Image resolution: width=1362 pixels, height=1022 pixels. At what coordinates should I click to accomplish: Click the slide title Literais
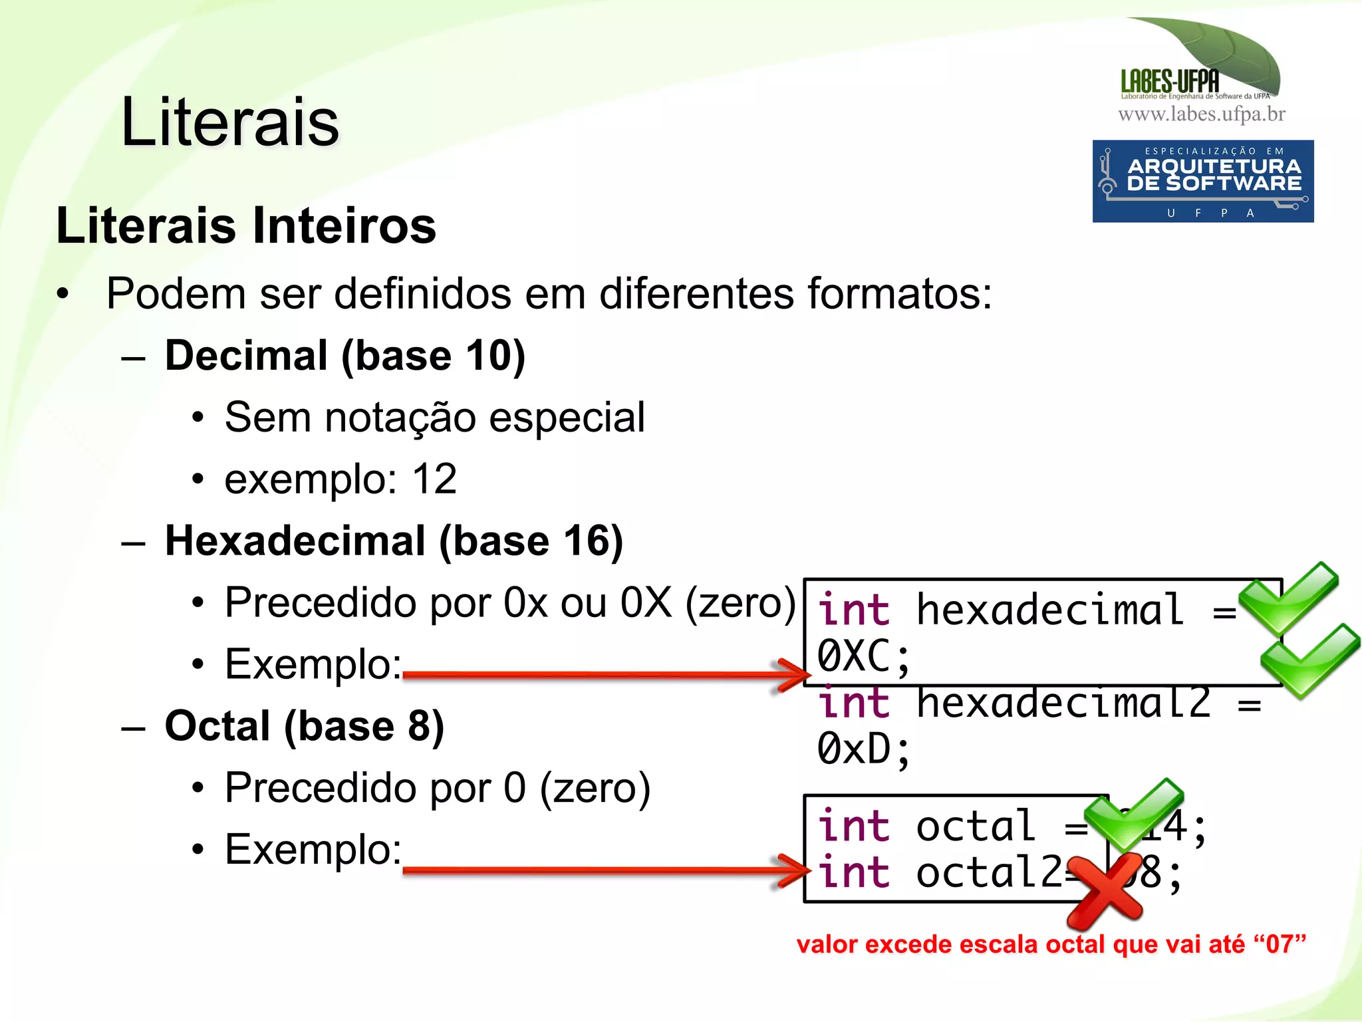click(x=230, y=122)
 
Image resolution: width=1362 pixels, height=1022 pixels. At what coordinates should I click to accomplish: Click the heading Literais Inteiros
click(x=246, y=225)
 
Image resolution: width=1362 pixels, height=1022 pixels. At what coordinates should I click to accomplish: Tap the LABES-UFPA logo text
click(x=1169, y=82)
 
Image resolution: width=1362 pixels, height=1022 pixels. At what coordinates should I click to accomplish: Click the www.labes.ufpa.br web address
click(x=1201, y=114)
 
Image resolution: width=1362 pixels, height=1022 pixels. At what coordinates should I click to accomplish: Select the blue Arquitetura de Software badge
click(x=1202, y=181)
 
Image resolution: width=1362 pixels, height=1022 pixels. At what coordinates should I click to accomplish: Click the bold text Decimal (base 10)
click(x=344, y=355)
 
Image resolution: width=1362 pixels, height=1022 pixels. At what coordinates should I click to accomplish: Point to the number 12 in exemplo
click(x=434, y=479)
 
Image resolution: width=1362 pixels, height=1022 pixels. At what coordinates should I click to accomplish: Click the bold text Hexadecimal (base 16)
click(x=394, y=540)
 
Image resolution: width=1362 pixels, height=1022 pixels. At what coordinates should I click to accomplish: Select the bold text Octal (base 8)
click(x=304, y=725)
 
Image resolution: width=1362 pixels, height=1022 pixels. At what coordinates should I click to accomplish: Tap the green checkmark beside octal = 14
click(x=1135, y=815)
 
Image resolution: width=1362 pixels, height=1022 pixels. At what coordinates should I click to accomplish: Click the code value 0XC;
click(x=863, y=657)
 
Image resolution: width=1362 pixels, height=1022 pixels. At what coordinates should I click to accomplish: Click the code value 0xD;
click(x=863, y=749)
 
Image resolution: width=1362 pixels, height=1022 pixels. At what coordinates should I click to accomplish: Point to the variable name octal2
click(x=989, y=872)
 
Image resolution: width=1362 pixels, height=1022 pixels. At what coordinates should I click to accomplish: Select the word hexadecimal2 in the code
click(x=1063, y=703)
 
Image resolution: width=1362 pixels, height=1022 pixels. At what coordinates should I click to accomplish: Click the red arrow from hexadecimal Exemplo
click(x=599, y=675)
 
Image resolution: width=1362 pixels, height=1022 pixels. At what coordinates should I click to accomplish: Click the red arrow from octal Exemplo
click(x=599, y=870)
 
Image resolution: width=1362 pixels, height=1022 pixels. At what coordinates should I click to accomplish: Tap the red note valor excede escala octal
click(x=1051, y=944)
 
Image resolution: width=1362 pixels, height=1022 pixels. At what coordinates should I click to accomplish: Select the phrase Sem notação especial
click(x=434, y=418)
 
